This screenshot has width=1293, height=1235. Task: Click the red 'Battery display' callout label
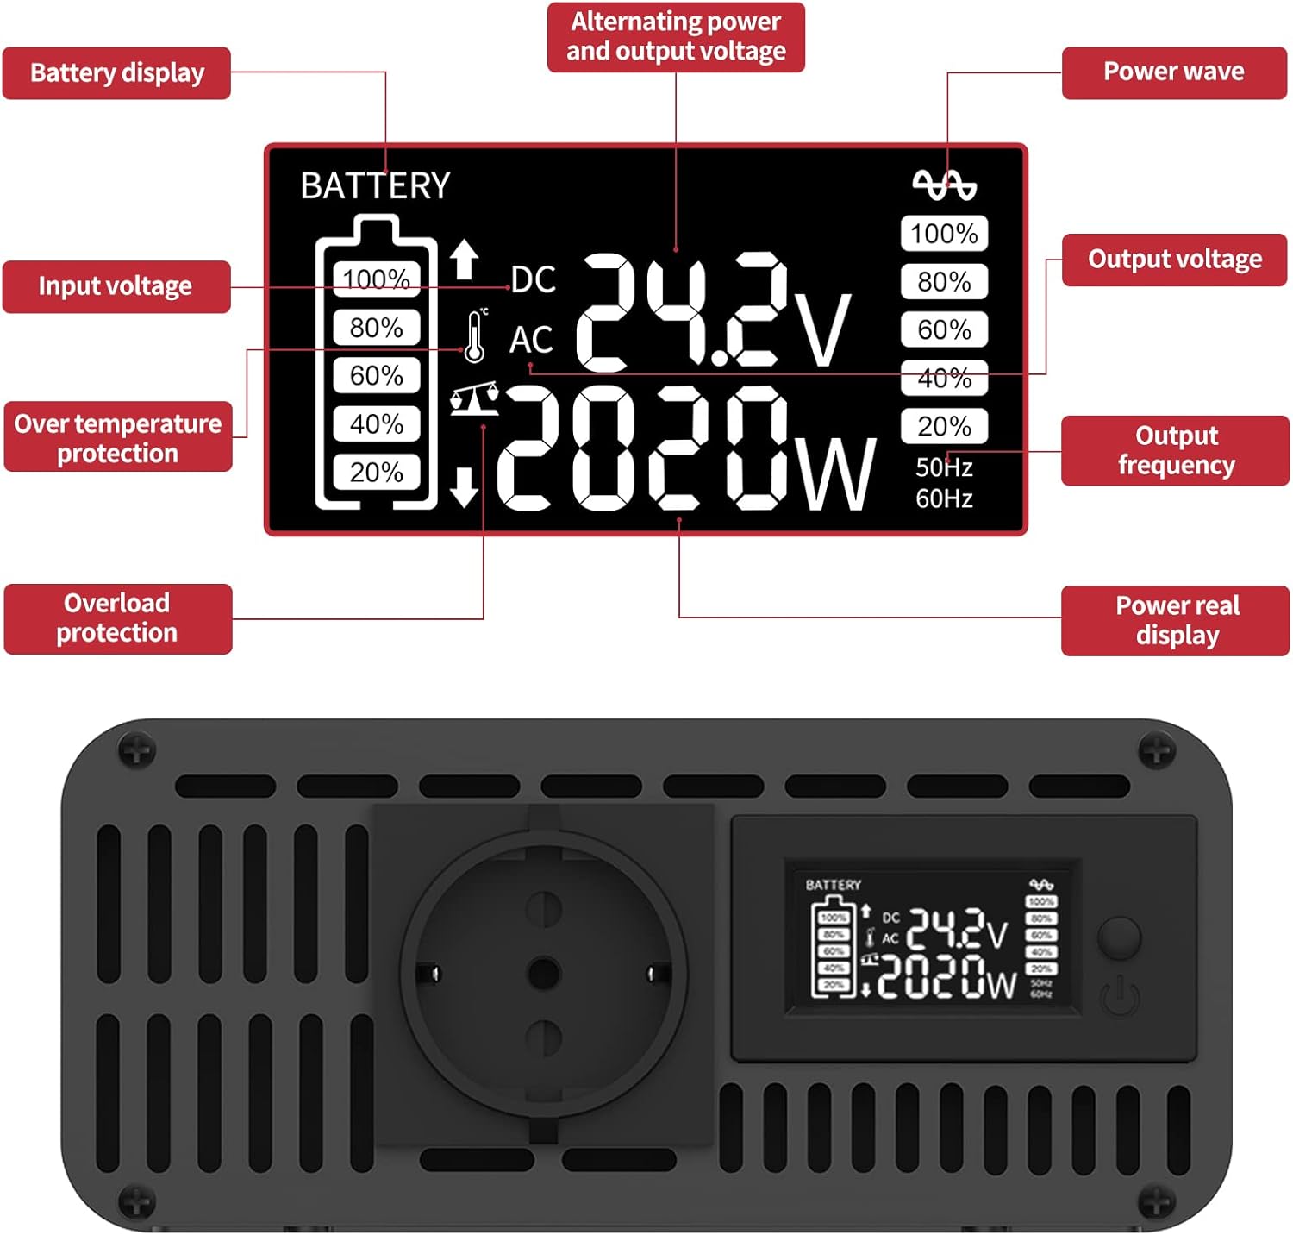116,73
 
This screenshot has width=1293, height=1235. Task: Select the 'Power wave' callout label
1174,72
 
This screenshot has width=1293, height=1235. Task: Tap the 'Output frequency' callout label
1176,450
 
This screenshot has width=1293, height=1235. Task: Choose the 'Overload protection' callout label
118,618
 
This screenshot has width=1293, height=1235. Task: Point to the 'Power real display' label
1176,621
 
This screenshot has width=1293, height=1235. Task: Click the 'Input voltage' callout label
116,286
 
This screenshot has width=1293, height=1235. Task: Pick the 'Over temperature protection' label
118,436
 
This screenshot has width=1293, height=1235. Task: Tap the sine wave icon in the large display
944,185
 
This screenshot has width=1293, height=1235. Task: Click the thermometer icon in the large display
474,335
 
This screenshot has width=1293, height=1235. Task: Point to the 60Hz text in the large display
944,498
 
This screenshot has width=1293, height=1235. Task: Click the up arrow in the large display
464,259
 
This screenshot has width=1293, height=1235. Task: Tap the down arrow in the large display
464,486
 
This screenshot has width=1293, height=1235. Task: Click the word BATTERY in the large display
375,185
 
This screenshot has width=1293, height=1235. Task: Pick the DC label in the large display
534,279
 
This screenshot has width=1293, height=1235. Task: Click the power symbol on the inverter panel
1120,998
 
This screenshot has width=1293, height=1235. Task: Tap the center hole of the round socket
543,973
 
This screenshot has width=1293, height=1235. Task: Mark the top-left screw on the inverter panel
136,750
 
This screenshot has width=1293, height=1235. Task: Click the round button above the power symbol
1120,937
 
